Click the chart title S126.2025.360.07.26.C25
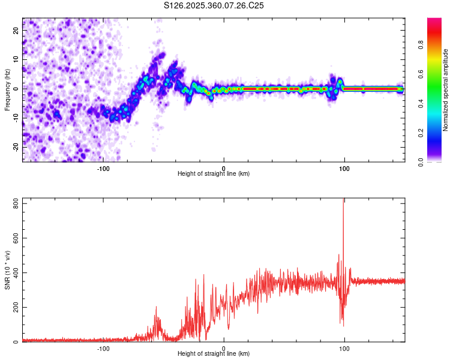214,5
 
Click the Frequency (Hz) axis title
7,89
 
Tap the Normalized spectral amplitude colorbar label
446,90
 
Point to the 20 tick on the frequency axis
17,30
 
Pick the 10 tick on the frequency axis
17,59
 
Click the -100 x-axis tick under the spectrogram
103,168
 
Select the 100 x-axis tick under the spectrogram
344,168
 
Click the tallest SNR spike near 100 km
343,200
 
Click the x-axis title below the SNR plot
214,354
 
